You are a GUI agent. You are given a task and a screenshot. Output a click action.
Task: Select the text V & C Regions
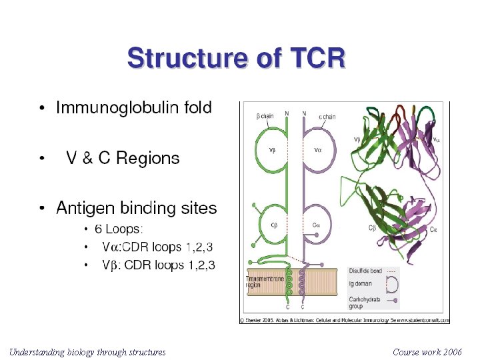[x=123, y=158]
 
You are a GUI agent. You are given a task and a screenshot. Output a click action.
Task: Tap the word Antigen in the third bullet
[x=85, y=208]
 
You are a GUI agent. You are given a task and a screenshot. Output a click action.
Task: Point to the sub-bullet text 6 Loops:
[x=119, y=229]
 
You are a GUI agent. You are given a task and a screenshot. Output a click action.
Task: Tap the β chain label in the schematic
[x=265, y=117]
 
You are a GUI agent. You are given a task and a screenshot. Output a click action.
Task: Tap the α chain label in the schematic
[x=327, y=117]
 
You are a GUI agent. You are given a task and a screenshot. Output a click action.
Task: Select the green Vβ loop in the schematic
[x=272, y=151]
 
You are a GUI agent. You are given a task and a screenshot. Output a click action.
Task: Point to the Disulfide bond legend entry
[x=365, y=271]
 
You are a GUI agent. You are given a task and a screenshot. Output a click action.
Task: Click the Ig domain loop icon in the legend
[x=393, y=285]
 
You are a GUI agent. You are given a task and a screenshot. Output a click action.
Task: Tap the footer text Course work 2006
[x=427, y=351]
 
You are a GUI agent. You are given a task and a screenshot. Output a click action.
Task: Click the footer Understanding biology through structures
[x=87, y=351]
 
